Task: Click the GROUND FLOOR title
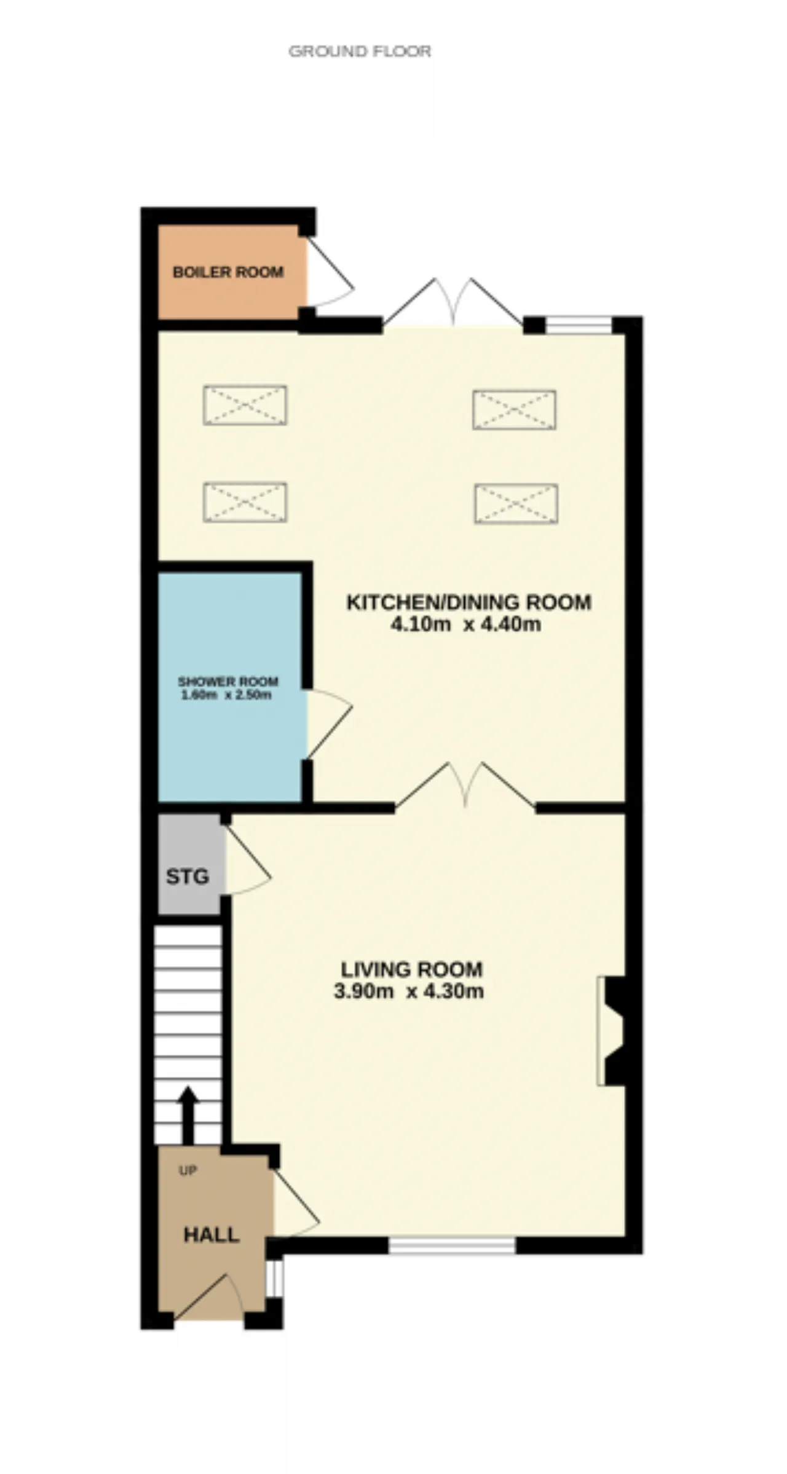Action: click(x=360, y=51)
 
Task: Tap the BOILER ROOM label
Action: click(x=228, y=272)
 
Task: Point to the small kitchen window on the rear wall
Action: click(x=579, y=325)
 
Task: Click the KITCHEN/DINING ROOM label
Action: click(x=469, y=602)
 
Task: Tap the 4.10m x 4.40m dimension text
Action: click(x=466, y=625)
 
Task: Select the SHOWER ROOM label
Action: click(x=228, y=682)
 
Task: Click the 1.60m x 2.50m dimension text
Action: click(x=226, y=696)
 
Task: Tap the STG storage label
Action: click(x=188, y=877)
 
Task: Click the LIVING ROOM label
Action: click(x=412, y=969)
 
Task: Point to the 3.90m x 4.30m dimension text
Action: click(x=409, y=991)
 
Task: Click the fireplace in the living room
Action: click(x=611, y=1031)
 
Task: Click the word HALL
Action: click(x=212, y=1236)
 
